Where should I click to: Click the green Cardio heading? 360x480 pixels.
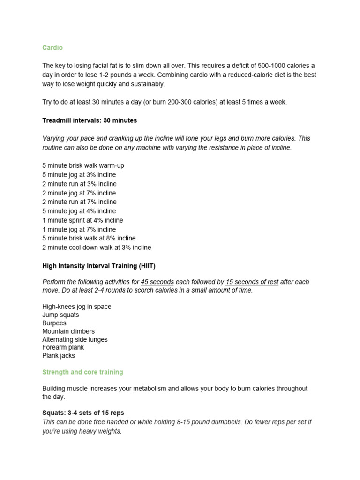(52, 48)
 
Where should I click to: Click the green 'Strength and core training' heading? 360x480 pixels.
(82, 372)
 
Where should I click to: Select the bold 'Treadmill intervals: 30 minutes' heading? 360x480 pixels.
(90, 120)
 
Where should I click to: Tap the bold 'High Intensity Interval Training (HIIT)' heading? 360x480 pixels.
(98, 266)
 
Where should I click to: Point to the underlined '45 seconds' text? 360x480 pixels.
(157, 282)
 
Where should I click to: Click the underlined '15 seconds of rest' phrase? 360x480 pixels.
(252, 282)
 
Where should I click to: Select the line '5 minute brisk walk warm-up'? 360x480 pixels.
(83, 165)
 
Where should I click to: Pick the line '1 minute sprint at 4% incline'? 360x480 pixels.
(82, 220)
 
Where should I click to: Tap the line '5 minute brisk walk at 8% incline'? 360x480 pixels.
(89, 239)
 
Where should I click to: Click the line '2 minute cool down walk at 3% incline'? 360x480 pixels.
(97, 247)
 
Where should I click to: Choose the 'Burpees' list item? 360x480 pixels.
(54, 323)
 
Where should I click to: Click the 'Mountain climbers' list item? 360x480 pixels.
(68, 331)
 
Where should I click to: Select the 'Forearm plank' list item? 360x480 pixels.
(63, 347)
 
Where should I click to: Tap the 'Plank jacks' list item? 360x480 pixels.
(59, 356)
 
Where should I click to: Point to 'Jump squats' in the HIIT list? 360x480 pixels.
(60, 315)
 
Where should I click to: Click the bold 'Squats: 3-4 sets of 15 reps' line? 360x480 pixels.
(83, 413)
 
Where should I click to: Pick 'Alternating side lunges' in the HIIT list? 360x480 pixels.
(75, 339)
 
